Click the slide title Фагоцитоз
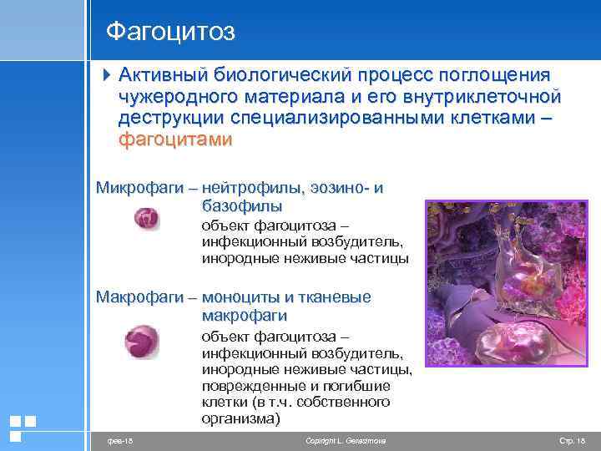170,32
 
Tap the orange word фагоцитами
175,139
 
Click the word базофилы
241,205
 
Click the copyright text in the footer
346,439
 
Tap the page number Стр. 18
572,439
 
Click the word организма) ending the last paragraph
241,418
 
